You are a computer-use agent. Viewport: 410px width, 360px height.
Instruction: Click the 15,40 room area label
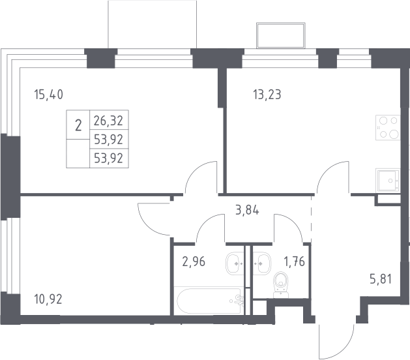(x=49, y=95)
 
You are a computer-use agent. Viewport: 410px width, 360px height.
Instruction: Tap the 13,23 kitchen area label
(x=267, y=95)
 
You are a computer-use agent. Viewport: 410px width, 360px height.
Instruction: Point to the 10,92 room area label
(x=48, y=299)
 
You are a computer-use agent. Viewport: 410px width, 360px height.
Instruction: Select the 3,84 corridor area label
(x=247, y=210)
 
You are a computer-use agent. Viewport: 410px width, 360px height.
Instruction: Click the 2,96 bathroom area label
(x=194, y=262)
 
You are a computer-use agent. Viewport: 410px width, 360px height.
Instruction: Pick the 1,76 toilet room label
(x=295, y=262)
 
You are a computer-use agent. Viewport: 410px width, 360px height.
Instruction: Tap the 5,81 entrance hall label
(x=381, y=279)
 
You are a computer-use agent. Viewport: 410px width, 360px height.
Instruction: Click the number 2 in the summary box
(x=78, y=125)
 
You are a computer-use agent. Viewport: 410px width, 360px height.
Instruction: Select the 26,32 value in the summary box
(x=108, y=121)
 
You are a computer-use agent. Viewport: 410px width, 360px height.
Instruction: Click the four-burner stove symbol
(x=388, y=127)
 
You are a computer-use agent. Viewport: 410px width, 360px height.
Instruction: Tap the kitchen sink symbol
(x=388, y=181)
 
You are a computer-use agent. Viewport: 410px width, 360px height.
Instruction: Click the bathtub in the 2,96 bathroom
(x=209, y=301)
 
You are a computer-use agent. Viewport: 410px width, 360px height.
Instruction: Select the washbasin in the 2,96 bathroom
(x=235, y=263)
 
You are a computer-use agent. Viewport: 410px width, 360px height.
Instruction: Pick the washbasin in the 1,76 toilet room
(x=262, y=263)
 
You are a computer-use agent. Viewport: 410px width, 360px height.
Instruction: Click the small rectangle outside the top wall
(x=281, y=36)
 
